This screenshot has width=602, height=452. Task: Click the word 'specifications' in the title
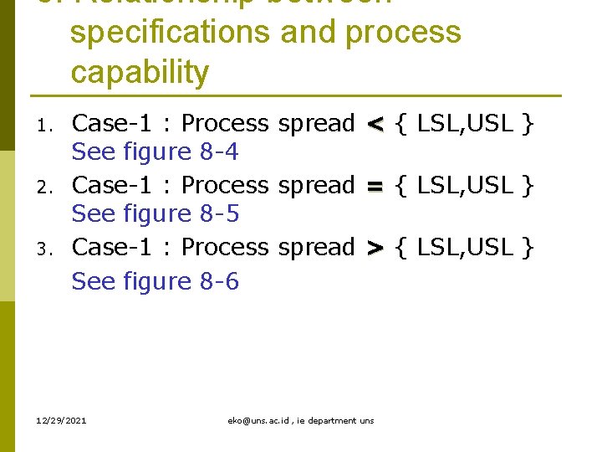tap(171, 33)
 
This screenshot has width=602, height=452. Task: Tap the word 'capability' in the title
tap(140, 73)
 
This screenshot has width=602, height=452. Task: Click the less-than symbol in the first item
tap(375, 125)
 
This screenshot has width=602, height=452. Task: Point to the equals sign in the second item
tap(375, 186)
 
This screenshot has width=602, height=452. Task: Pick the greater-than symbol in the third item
tap(375, 248)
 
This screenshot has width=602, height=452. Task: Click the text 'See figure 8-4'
tap(156, 152)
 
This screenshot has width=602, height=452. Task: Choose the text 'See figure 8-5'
tap(156, 214)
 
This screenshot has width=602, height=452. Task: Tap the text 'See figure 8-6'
tap(156, 281)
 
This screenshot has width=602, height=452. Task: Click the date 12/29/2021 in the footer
tap(62, 419)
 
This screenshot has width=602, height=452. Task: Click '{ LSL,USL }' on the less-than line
tap(464, 124)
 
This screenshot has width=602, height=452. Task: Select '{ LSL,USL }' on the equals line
tap(464, 185)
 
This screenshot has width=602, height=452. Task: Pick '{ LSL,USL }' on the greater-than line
tap(464, 247)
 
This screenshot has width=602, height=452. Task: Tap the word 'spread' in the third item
tap(316, 249)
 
